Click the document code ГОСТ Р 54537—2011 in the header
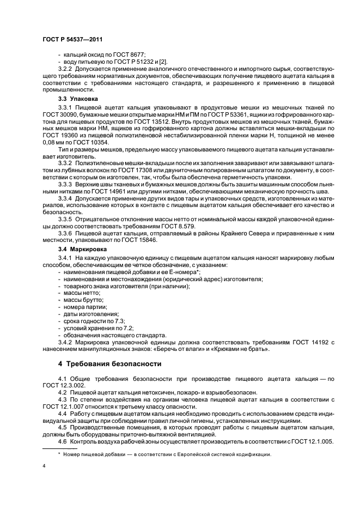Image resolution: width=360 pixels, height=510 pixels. coord(72,40)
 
